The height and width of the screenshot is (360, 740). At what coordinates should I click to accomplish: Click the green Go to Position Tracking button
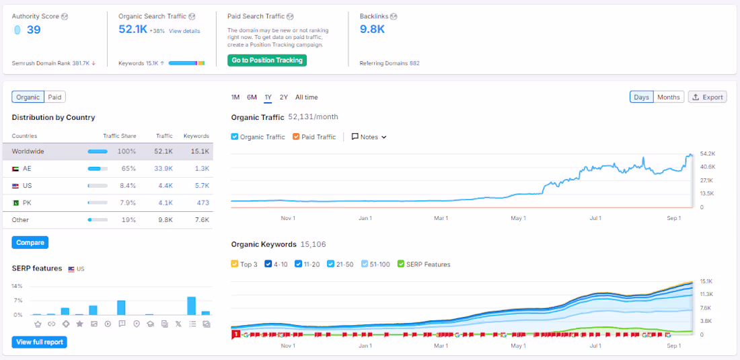267,61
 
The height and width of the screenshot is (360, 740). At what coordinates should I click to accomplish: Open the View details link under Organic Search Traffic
184,31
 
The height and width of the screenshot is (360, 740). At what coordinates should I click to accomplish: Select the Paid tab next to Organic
54,97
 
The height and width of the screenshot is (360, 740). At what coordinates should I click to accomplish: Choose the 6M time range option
252,97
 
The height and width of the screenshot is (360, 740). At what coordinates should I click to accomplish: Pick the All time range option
306,97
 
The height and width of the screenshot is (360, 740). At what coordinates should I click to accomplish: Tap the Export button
707,97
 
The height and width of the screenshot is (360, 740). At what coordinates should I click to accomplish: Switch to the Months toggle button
668,97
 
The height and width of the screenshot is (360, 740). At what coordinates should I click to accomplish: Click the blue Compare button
30,242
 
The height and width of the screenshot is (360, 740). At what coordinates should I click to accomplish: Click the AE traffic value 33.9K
163,169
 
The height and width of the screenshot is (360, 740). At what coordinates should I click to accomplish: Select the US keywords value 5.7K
201,186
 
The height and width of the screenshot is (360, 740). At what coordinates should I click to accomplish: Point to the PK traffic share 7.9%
127,203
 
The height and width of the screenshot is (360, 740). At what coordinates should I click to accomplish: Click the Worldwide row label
28,151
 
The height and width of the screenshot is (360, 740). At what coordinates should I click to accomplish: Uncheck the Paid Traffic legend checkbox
297,137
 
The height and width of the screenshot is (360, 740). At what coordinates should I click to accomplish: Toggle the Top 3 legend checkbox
235,264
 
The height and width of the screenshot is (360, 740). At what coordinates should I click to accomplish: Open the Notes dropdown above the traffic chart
369,137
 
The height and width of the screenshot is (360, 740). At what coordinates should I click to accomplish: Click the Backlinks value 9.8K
372,29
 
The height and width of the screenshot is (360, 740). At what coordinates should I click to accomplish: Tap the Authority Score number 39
34,30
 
